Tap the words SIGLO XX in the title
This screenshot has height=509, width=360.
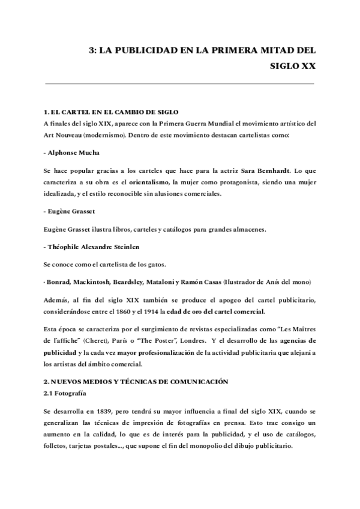[x=293, y=67]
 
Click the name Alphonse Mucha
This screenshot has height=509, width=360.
[x=65, y=153]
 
